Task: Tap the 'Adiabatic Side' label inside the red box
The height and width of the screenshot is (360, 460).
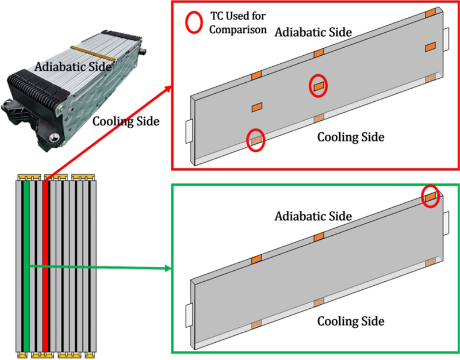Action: pyautogui.click(x=313, y=32)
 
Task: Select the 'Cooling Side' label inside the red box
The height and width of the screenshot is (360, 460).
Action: pyautogui.click(x=351, y=137)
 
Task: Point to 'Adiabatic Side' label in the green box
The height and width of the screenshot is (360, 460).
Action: pyautogui.click(x=313, y=216)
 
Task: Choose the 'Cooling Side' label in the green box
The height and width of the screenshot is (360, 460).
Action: pyautogui.click(x=351, y=320)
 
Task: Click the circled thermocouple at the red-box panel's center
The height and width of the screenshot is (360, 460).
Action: pyautogui.click(x=318, y=86)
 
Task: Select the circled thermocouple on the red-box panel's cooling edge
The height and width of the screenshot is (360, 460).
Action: pyautogui.click(x=256, y=140)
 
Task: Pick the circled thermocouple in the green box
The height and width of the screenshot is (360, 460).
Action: pyautogui.click(x=430, y=197)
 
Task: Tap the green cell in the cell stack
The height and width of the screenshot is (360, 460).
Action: pyautogui.click(x=26, y=265)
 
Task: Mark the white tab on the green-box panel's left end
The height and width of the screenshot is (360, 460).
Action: pyautogui.click(x=187, y=311)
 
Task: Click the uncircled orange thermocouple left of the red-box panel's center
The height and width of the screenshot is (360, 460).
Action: pyautogui.click(x=256, y=106)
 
